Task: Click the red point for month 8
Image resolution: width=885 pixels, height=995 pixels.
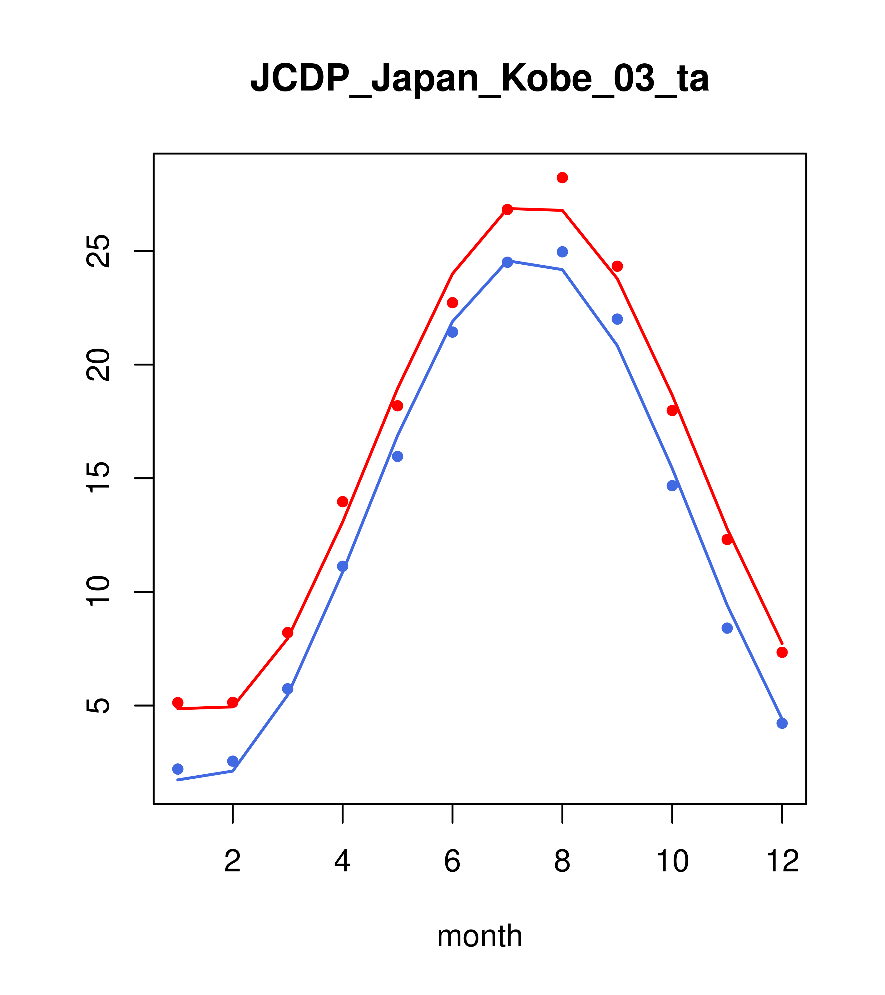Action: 562,178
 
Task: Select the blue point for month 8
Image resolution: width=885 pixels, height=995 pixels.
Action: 562,252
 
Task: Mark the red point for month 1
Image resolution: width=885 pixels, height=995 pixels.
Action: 178,703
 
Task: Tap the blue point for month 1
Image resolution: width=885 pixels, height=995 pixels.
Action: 178,769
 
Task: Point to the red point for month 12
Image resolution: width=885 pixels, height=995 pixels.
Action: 782,652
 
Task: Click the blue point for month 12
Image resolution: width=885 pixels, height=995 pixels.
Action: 782,723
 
